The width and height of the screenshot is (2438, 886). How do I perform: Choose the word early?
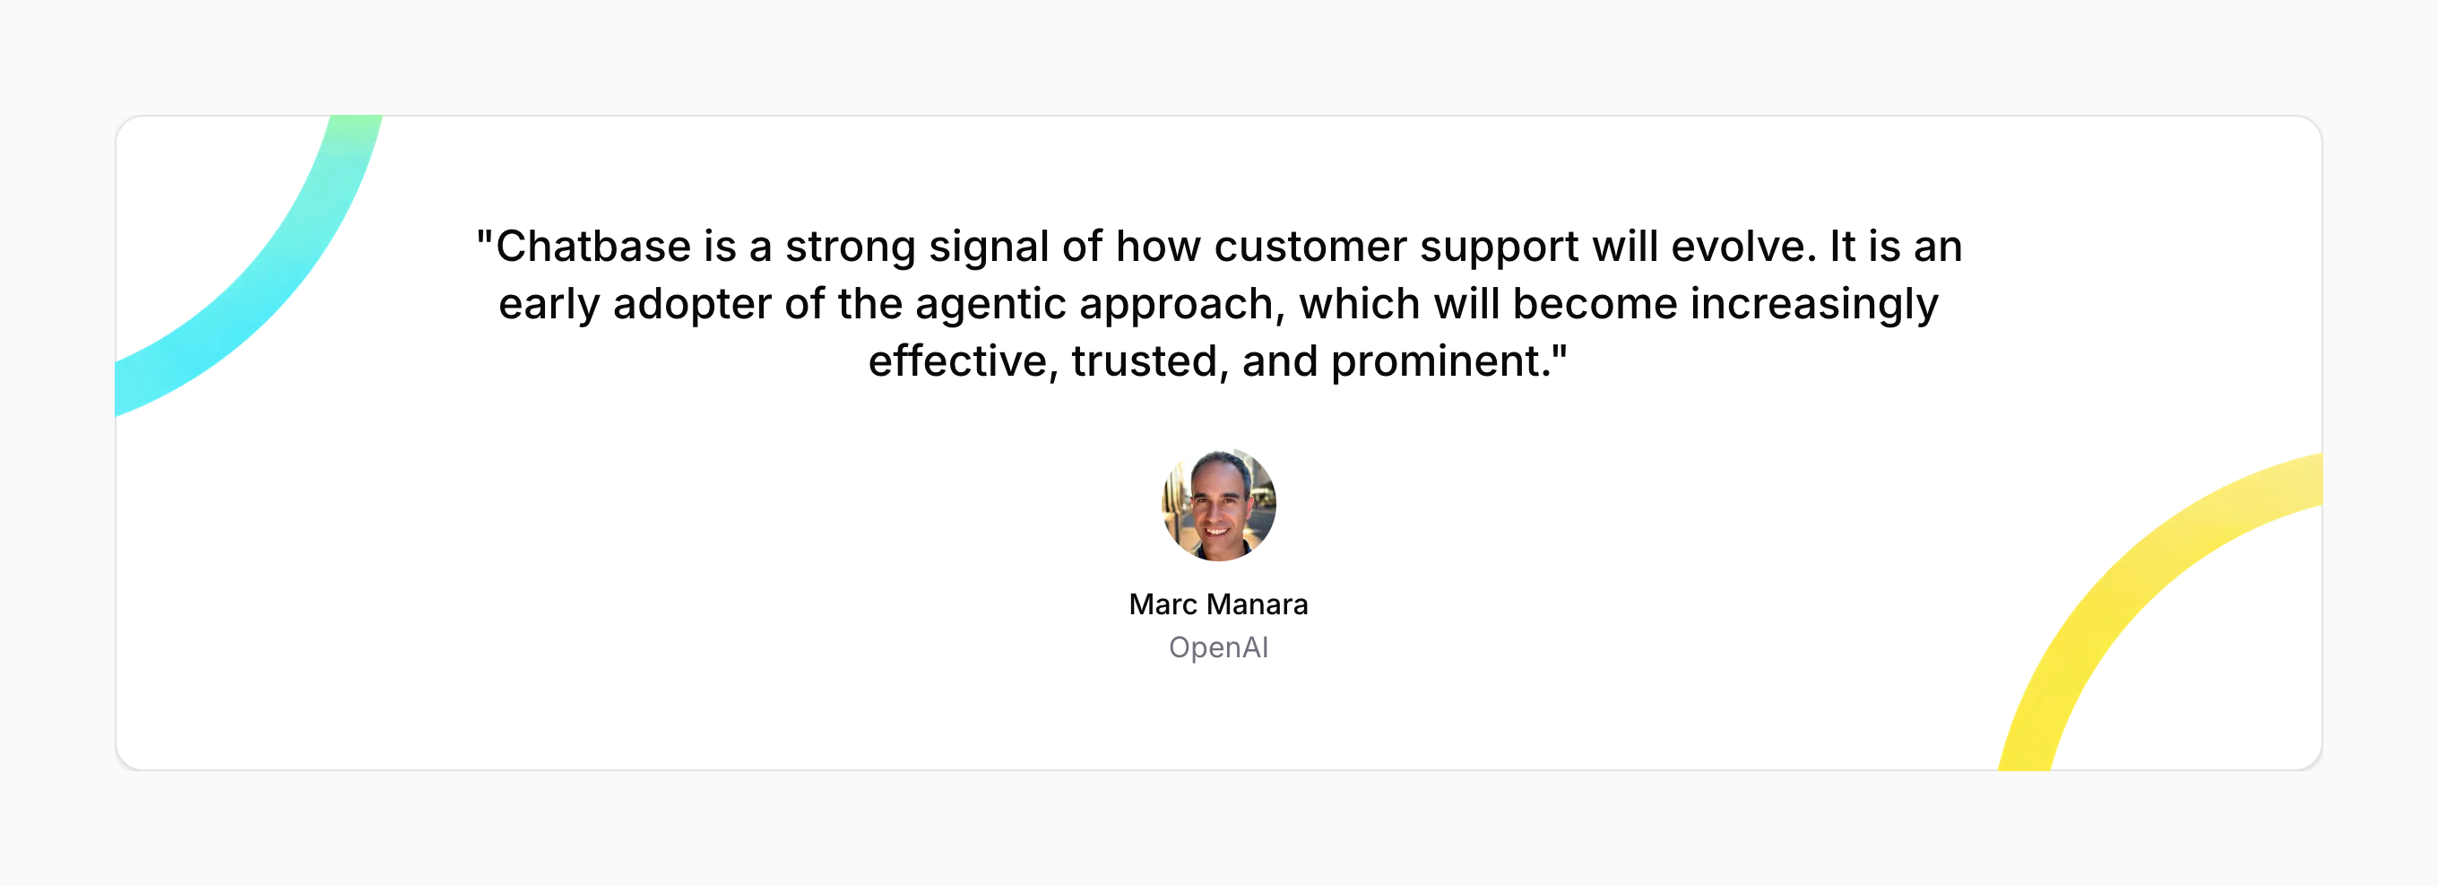click(549, 306)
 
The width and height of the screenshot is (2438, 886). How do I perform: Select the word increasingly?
click(1814, 306)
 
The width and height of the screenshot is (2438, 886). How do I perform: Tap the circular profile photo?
click(1219, 505)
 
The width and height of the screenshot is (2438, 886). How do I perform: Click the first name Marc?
click(1163, 604)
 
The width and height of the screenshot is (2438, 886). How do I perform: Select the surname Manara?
click(1257, 604)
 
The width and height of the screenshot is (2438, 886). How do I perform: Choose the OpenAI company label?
click(1219, 647)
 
